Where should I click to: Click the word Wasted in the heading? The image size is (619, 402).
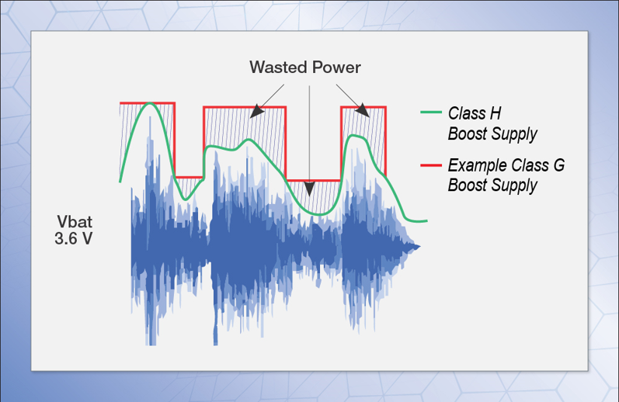pos(274,68)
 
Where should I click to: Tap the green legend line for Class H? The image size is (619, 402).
pos(431,113)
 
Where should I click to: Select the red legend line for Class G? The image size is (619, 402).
pos(431,165)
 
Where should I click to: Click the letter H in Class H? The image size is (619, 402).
pos(496,113)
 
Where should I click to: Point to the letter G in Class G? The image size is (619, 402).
pos(558,165)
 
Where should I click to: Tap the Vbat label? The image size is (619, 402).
pos(75,222)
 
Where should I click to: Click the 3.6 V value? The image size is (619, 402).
pos(74,239)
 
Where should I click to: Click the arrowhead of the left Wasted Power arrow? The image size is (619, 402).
pos(256,111)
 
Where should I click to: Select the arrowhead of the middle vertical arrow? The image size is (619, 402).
pos(309,189)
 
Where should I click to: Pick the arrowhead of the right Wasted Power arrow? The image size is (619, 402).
pos(363,110)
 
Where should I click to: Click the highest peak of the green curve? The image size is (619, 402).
pos(150,103)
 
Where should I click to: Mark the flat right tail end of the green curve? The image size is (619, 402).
pos(426,221)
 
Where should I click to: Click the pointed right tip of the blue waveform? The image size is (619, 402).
pos(419,247)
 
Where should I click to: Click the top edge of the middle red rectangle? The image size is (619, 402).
pos(245,106)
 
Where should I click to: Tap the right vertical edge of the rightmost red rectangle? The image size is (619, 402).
pos(385,140)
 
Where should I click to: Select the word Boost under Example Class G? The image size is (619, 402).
pos(468,185)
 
